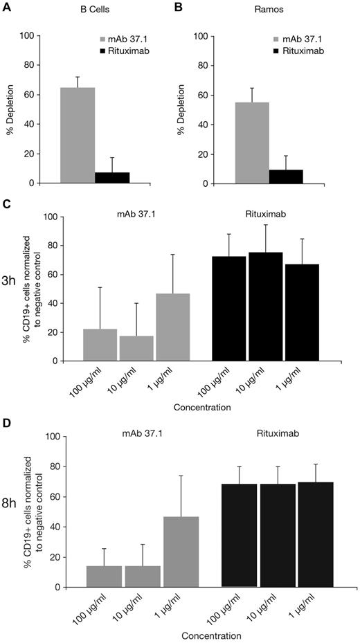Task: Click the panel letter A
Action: tap(8, 6)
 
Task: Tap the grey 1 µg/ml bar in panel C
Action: tap(173, 327)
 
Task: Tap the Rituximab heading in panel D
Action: tap(275, 436)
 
